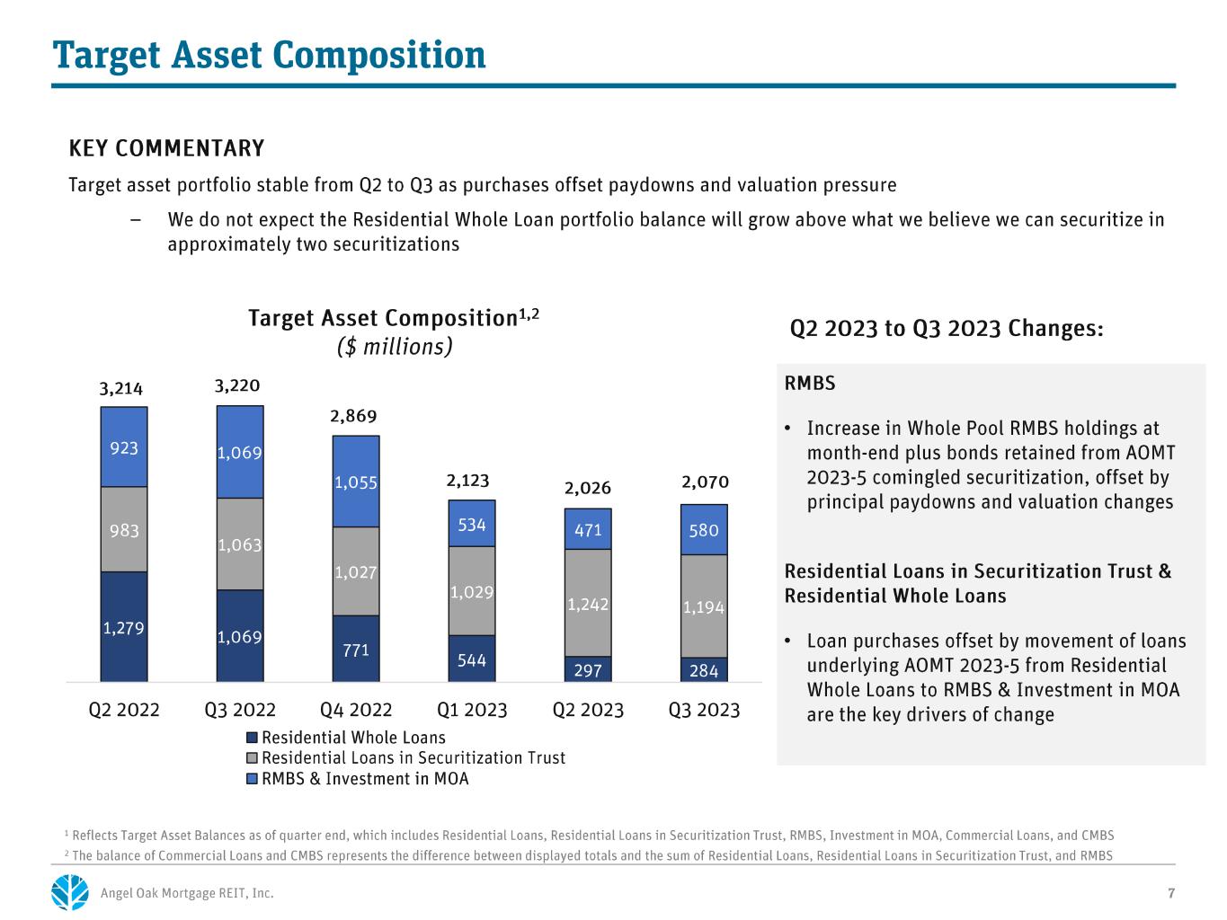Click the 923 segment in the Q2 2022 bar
coord(123,447)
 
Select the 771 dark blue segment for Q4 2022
coord(356,648)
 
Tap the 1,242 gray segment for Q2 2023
coord(588,603)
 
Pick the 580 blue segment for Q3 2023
coord(704,529)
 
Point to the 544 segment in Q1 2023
coord(472,658)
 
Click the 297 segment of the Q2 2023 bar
coord(588,668)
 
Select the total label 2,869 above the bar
coord(353,416)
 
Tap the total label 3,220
coord(237,385)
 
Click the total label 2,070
coord(705,482)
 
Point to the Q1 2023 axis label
coord(472,710)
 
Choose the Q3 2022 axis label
coord(240,710)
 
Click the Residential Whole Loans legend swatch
coord(252,738)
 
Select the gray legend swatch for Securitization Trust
coord(252,758)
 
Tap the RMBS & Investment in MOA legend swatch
coord(252,779)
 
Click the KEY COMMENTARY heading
coord(166,148)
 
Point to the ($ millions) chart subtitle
coord(394,346)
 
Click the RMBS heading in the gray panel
coord(809,384)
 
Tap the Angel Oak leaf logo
coord(70,892)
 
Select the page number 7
coord(1171,893)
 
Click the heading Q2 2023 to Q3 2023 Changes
coord(947,328)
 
